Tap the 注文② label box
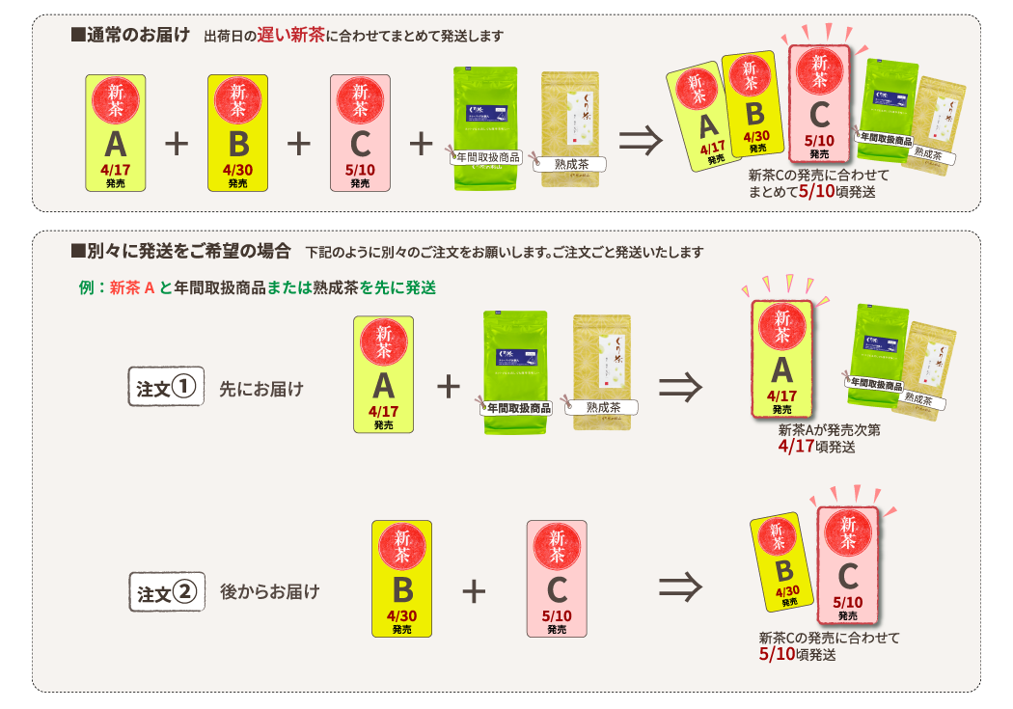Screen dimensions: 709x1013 pos(166,591)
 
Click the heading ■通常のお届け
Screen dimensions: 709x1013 pos(130,36)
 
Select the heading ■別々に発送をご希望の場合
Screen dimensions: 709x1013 pos(180,252)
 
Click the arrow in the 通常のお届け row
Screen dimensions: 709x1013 pos(641,141)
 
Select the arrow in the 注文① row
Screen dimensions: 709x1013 pos(679,388)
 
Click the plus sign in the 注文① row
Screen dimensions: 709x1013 pos(448,387)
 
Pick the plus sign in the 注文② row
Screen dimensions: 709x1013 pos(473,590)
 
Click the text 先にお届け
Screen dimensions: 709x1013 pos(260,389)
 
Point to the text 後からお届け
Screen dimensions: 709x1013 pos(269,591)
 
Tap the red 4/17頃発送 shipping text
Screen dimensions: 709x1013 pos(816,447)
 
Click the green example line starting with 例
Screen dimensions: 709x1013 pos(258,287)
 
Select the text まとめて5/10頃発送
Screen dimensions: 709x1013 pos(812,191)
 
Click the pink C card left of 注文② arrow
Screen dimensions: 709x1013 pos(557,578)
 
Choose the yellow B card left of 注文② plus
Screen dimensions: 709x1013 pos(401,578)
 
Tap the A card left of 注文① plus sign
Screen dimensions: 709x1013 pos(384,374)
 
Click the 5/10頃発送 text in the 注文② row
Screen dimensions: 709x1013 pos(797,654)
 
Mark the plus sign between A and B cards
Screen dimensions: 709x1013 pos(177,144)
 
